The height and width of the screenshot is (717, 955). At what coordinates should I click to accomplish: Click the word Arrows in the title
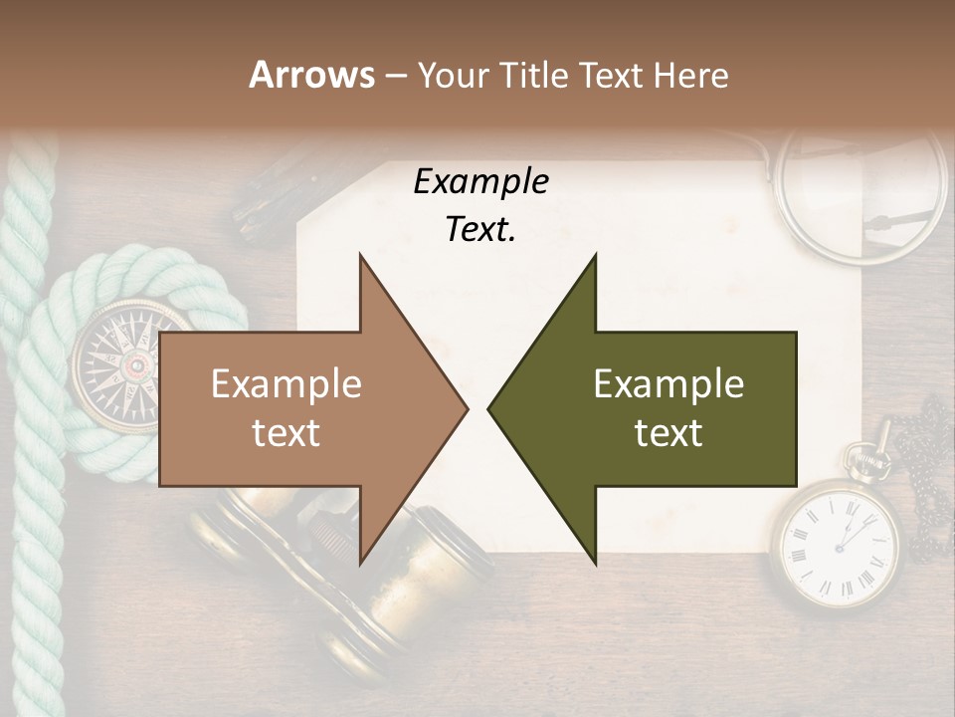(311, 75)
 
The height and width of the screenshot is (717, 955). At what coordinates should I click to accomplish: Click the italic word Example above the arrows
(480, 182)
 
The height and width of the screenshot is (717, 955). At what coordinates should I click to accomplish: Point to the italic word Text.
(480, 230)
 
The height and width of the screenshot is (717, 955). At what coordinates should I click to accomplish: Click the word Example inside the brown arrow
(286, 384)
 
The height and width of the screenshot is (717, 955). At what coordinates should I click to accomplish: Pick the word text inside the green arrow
(668, 432)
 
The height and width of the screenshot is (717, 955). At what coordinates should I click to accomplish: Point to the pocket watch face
(835, 543)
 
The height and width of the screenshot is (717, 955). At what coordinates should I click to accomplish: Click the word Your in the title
(449, 75)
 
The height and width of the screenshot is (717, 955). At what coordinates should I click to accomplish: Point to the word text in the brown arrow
(286, 432)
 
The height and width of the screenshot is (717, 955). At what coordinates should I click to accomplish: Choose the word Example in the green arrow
(668, 384)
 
